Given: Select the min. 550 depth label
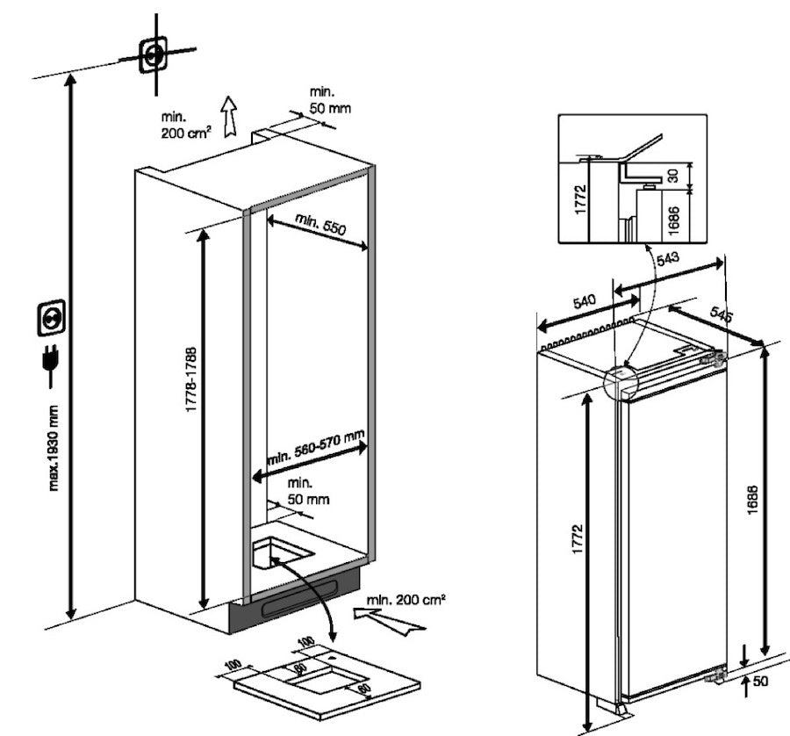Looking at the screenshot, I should pyautogui.click(x=321, y=225).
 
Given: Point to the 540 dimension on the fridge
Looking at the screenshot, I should pyautogui.click(x=583, y=303).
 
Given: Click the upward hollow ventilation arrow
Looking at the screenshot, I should pyautogui.click(x=229, y=117).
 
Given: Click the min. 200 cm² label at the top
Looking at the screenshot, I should pyautogui.click(x=185, y=126).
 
